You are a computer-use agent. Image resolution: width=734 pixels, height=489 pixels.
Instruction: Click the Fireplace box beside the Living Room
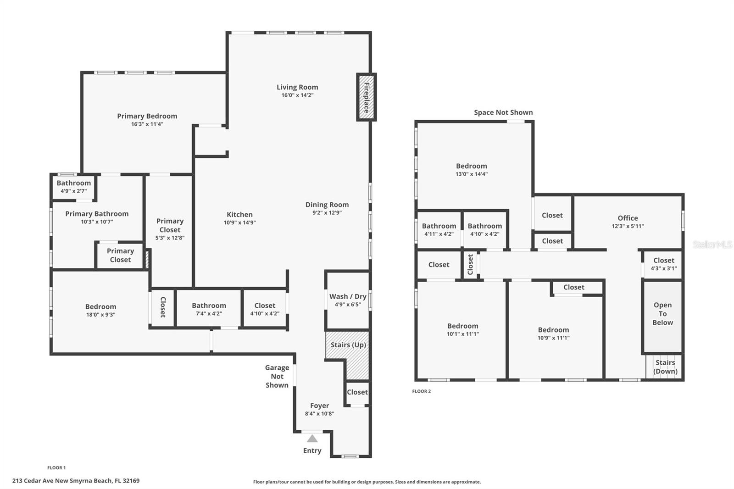click(x=366, y=97)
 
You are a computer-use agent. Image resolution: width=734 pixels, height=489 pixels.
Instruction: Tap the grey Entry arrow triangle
click(x=312, y=439)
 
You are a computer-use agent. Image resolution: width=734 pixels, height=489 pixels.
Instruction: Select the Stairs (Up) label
click(x=348, y=345)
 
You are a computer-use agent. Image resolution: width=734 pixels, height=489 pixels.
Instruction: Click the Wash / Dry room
click(x=348, y=300)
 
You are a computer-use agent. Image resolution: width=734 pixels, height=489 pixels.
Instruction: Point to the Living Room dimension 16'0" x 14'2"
click(x=297, y=95)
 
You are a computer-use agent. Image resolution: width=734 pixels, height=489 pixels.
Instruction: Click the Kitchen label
click(x=239, y=214)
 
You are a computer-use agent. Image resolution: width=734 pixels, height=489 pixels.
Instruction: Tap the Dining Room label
click(x=327, y=205)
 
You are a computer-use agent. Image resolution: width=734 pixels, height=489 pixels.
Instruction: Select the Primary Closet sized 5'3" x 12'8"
click(x=170, y=229)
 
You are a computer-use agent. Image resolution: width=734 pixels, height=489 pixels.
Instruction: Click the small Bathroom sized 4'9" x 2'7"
click(x=73, y=187)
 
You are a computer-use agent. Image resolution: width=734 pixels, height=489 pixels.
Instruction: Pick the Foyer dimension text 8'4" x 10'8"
click(x=319, y=414)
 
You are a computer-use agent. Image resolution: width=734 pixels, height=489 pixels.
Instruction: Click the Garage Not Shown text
click(x=277, y=376)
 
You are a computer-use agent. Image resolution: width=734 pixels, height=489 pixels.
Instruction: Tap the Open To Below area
click(x=662, y=314)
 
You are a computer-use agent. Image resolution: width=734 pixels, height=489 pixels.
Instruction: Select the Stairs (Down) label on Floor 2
click(x=665, y=367)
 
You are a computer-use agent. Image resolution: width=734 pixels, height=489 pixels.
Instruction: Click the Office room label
click(x=628, y=218)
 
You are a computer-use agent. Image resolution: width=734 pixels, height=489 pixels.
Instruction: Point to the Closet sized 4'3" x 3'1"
click(x=663, y=264)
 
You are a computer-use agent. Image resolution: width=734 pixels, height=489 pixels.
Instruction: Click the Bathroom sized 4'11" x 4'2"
click(x=439, y=229)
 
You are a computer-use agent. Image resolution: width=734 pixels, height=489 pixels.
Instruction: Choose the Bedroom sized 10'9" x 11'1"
click(x=553, y=333)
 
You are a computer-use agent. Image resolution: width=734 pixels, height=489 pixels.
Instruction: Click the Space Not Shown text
click(x=503, y=112)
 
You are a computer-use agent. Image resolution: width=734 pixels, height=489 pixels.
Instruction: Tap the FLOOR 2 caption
click(x=421, y=391)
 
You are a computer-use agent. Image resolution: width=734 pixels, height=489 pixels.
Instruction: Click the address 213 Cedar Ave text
click(x=76, y=481)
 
